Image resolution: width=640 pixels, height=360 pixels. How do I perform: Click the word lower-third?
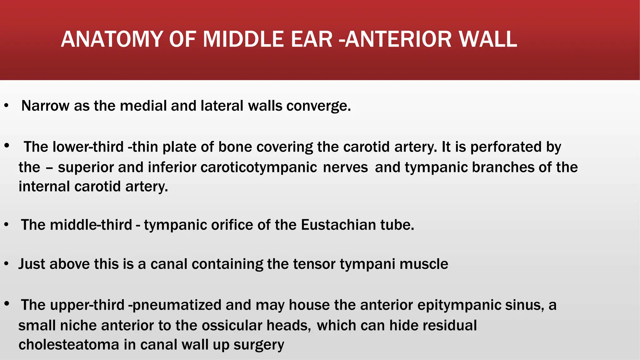pos(88,147)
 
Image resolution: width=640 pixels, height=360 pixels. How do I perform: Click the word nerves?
pos(345,167)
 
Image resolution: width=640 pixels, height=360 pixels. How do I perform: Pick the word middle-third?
pos(91,225)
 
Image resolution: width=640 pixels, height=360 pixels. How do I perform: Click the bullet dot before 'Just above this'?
pos(6,264)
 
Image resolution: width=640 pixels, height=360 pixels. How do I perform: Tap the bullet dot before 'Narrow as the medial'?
pos(6,106)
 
